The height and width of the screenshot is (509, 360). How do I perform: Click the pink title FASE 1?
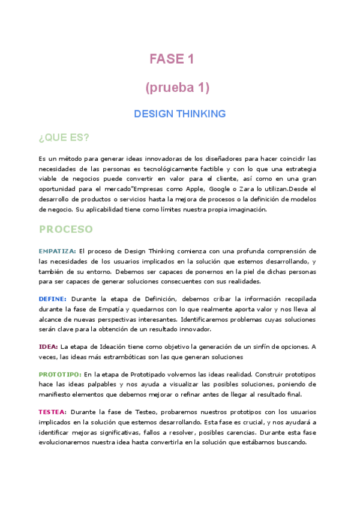172,59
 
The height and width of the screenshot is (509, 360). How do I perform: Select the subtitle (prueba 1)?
177,88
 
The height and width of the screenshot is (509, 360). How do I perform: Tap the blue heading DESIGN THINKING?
179,113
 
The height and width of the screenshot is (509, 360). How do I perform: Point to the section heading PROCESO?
66,229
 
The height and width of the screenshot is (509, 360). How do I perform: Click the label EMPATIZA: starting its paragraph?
57,251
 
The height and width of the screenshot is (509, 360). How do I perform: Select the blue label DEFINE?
53,298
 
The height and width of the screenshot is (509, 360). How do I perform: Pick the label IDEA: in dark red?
49,346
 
